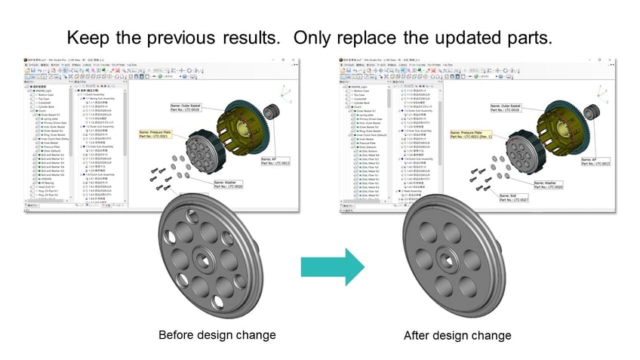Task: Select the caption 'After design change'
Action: (457, 334)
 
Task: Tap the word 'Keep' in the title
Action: (91, 37)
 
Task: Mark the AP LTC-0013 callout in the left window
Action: (278, 162)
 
